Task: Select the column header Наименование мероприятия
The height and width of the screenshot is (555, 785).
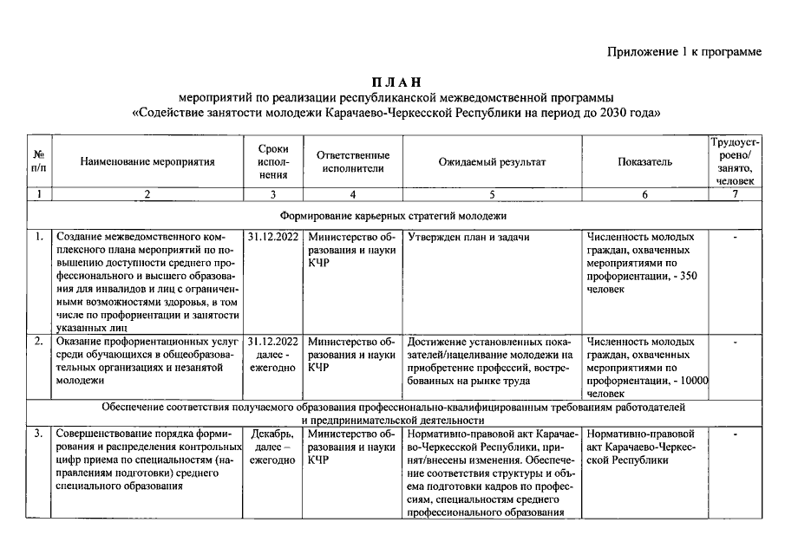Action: pyautogui.click(x=147, y=161)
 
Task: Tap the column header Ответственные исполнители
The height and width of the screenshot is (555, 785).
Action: pyautogui.click(x=352, y=161)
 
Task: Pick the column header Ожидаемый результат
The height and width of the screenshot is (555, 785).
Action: pyautogui.click(x=492, y=161)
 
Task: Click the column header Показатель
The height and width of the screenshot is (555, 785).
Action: pyautogui.click(x=644, y=161)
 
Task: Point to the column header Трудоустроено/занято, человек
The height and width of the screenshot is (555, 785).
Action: pyautogui.click(x=736, y=161)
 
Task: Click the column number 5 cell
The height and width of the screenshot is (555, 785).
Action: pyautogui.click(x=492, y=194)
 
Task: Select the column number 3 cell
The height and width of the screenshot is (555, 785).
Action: pyautogui.click(x=273, y=194)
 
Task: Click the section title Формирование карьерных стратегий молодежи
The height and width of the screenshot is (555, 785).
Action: pyautogui.click(x=393, y=215)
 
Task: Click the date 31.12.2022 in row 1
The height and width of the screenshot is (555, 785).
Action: pyautogui.click(x=273, y=237)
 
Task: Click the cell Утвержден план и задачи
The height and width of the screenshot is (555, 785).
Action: pyautogui.click(x=468, y=237)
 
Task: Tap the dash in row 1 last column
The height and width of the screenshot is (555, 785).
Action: pyautogui.click(x=736, y=237)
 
